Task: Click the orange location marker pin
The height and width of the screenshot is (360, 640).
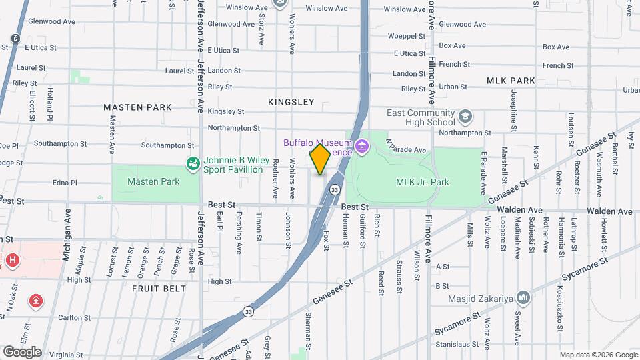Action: [320, 159]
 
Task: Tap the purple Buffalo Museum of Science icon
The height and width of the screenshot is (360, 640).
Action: [362, 146]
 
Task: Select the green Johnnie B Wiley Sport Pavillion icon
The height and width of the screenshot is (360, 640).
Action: [193, 163]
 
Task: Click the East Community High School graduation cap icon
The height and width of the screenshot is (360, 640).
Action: [465, 118]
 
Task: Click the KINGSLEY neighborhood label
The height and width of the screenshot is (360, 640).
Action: [291, 102]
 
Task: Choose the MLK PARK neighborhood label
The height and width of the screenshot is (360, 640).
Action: [511, 81]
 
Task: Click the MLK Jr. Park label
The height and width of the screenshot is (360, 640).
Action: [423, 182]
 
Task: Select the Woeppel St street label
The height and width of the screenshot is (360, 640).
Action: [406, 36]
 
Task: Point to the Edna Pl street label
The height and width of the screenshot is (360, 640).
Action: [65, 182]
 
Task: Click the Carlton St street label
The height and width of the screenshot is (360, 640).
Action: [74, 317]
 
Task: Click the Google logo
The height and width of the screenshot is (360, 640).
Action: [22, 351]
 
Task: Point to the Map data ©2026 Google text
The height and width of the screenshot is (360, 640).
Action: [598, 355]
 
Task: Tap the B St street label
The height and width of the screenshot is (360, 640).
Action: [443, 285]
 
